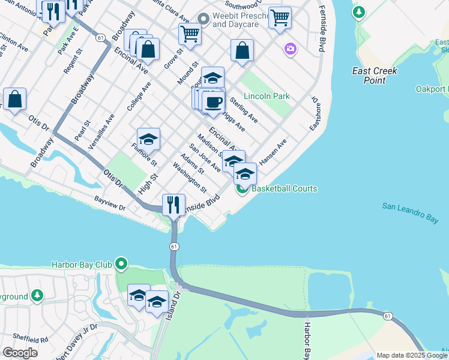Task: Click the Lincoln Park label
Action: [267, 96]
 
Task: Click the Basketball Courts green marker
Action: [242, 189]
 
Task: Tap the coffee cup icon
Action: [212, 101]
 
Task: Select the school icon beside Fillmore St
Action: [148, 139]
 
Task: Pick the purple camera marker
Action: [291, 49]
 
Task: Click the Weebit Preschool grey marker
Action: [203, 20]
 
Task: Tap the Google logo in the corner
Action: [20, 353]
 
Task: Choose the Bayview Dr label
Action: [109, 202]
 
